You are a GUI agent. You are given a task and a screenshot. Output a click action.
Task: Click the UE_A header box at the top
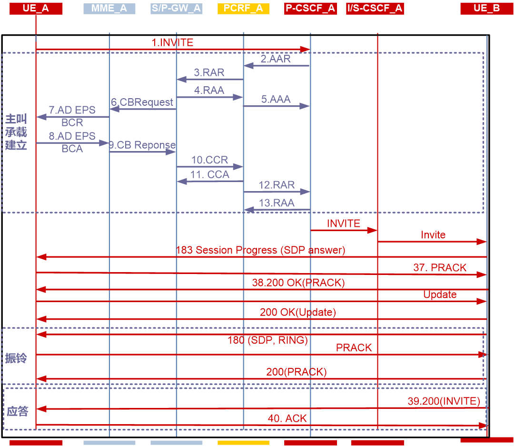click(x=36, y=8)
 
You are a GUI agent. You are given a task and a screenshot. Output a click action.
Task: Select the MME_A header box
click(x=109, y=8)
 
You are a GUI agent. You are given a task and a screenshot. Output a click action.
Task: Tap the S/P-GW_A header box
click(x=176, y=8)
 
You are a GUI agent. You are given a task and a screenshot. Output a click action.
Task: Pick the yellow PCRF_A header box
click(x=243, y=8)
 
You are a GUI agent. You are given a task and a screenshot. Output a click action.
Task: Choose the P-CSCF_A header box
click(x=310, y=8)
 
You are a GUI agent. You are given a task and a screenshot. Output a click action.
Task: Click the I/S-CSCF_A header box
click(x=375, y=8)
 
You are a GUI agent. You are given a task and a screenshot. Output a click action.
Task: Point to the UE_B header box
click(x=487, y=8)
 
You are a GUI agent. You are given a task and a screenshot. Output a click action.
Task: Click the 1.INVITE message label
click(x=172, y=42)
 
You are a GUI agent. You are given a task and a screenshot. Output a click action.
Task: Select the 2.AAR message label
click(x=276, y=59)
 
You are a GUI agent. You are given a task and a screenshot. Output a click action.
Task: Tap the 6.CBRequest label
click(x=142, y=102)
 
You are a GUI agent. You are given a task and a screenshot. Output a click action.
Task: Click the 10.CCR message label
click(x=210, y=160)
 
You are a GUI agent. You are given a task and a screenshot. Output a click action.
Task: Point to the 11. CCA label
click(x=210, y=174)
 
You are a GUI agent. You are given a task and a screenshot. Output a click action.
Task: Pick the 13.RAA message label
click(x=277, y=203)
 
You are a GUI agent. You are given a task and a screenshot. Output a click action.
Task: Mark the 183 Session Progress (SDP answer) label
click(x=261, y=250)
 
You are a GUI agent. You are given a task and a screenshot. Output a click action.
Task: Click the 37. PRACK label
click(x=440, y=268)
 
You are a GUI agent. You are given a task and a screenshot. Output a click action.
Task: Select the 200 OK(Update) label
click(x=298, y=313)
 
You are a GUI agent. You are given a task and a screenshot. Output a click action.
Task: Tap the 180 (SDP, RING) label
click(x=268, y=340)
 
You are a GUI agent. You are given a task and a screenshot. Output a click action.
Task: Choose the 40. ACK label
click(x=287, y=418)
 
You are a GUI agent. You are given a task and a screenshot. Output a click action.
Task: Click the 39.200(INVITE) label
click(x=444, y=401)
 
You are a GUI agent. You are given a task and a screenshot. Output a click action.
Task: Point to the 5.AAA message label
click(x=276, y=100)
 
